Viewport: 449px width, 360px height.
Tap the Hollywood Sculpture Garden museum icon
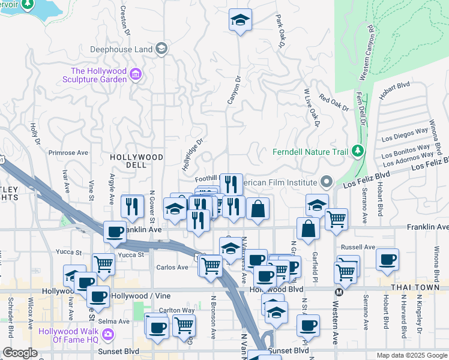[x=136, y=74]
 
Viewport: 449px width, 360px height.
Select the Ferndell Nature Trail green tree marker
[x=358, y=150]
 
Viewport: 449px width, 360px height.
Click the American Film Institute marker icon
[x=327, y=181]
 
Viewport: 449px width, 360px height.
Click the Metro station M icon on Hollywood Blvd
[x=339, y=292]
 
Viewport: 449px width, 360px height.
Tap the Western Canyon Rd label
[x=367, y=53]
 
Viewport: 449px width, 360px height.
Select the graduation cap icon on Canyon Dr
[x=240, y=20]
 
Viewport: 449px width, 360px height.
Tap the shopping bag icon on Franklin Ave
[x=308, y=229]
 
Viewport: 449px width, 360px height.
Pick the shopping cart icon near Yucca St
[x=104, y=263]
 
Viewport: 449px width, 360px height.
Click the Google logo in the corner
[x=20, y=353]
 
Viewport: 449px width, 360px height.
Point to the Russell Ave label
[x=358, y=247]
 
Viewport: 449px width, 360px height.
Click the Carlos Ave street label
[x=173, y=267]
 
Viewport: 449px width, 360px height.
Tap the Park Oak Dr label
[x=280, y=32]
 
